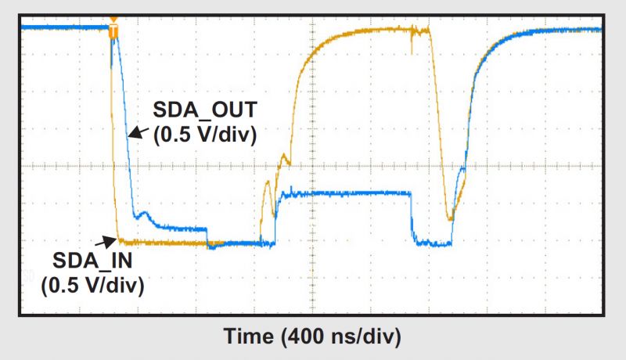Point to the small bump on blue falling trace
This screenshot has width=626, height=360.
tap(142, 212)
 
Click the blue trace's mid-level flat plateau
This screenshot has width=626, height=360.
tap(344, 193)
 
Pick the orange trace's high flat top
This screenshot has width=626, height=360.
tap(368, 31)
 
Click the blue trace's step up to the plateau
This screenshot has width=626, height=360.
tap(279, 215)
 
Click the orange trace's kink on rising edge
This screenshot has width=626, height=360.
tap(286, 160)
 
